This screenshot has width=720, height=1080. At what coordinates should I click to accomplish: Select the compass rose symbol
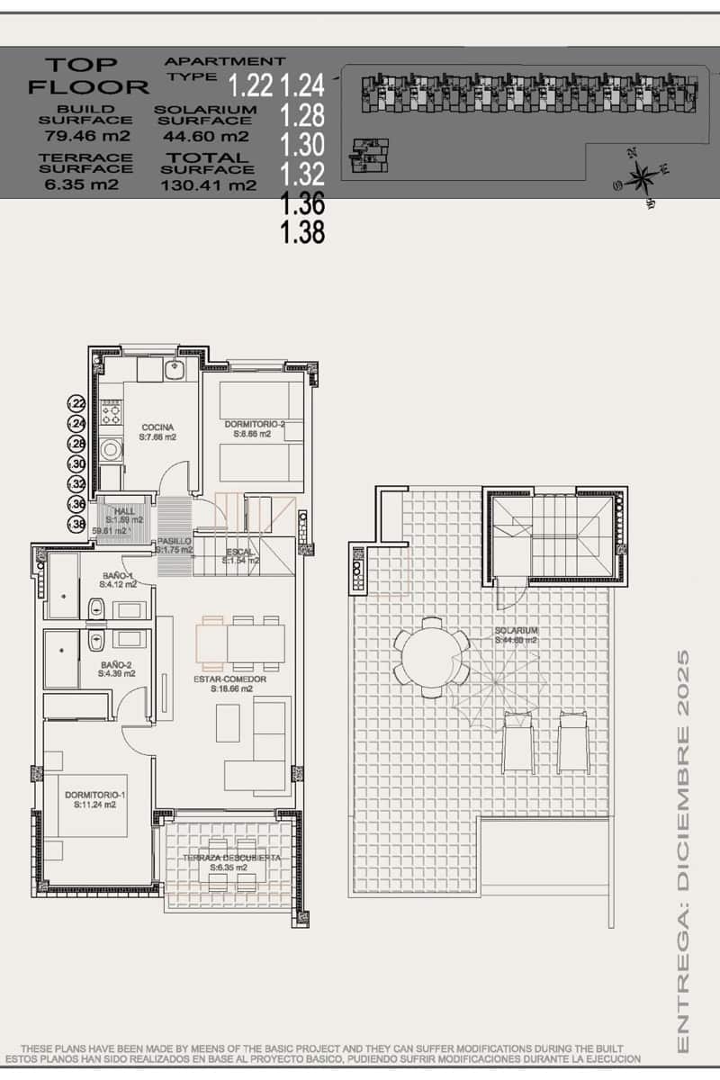point(642,177)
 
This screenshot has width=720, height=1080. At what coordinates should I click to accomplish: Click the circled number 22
point(78,404)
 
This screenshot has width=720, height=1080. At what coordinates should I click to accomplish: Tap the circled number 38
point(78,524)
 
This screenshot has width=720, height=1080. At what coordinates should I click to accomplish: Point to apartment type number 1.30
point(302,143)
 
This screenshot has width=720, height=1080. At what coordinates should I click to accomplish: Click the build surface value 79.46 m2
point(88,137)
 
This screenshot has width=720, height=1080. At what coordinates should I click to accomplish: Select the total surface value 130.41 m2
point(208,186)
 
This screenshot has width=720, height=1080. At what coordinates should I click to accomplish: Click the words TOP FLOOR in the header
point(87,76)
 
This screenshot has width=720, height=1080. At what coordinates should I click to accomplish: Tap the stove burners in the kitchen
point(112,415)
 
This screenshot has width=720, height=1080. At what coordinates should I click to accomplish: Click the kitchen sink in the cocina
point(177,369)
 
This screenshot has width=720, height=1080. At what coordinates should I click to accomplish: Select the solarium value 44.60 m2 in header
point(206,137)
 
